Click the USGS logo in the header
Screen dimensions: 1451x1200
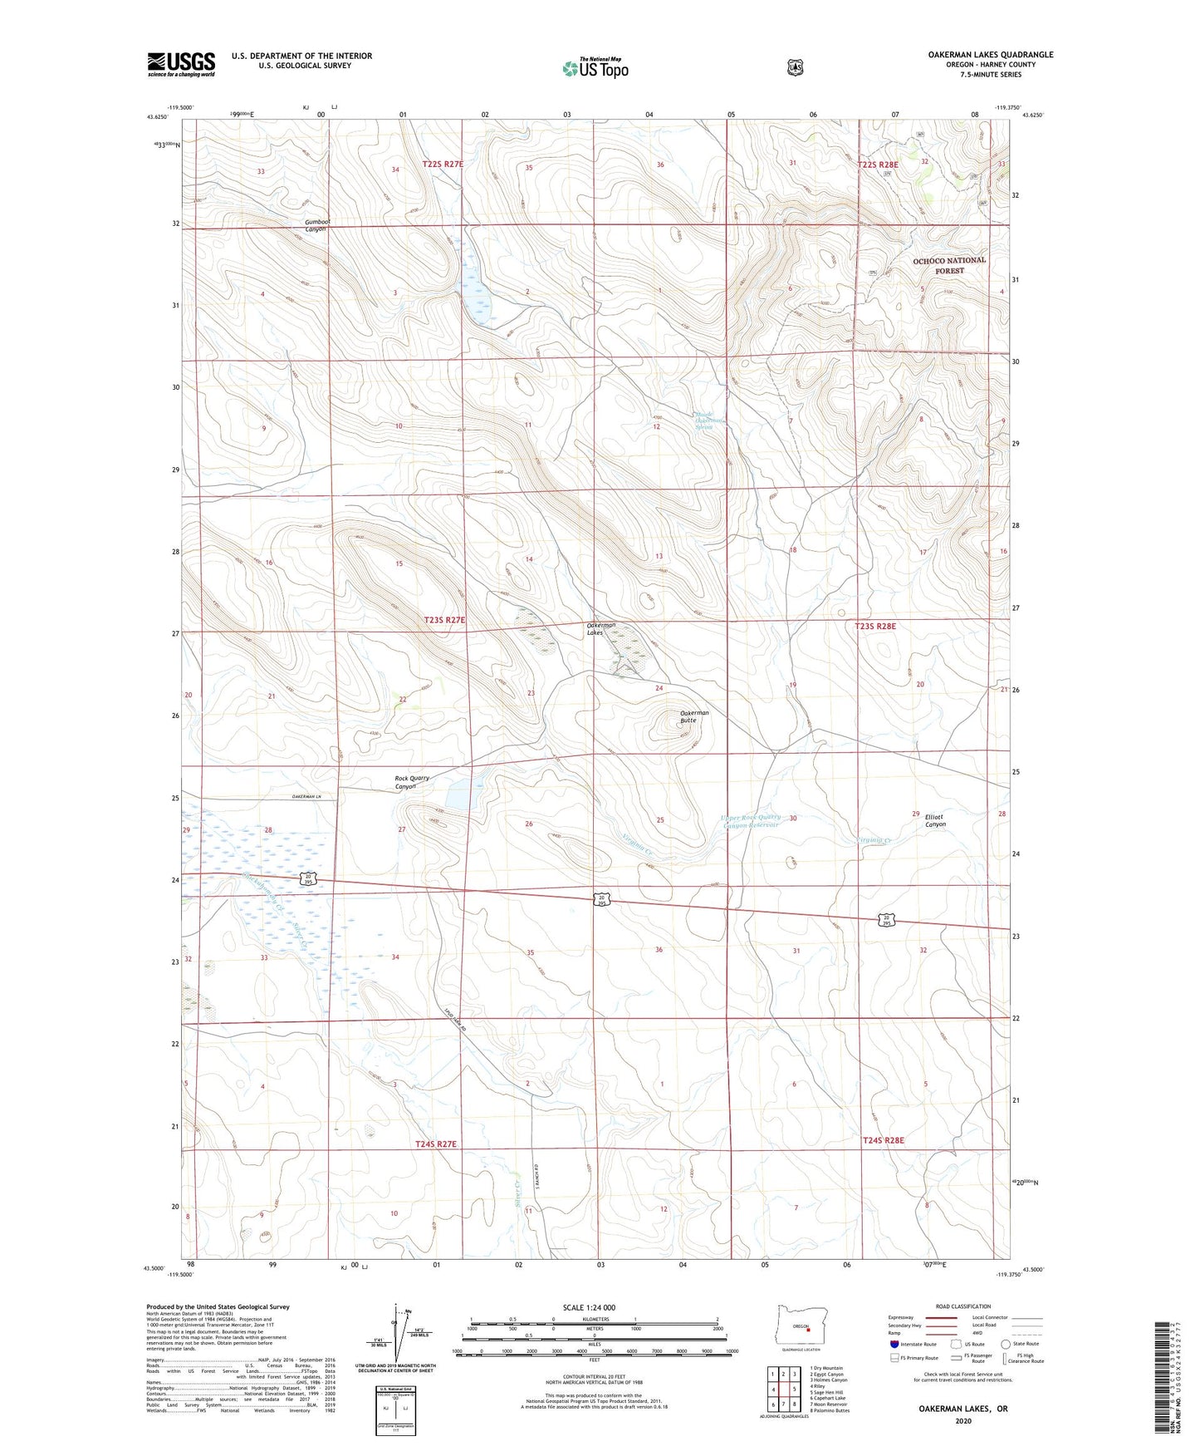(181, 64)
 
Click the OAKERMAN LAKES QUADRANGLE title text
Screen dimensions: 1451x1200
(990, 55)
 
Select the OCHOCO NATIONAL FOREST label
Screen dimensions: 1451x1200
(948, 265)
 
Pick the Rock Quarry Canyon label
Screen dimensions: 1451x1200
(412, 782)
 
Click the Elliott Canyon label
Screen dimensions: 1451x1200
(935, 820)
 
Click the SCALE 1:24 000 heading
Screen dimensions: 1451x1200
(589, 1307)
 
